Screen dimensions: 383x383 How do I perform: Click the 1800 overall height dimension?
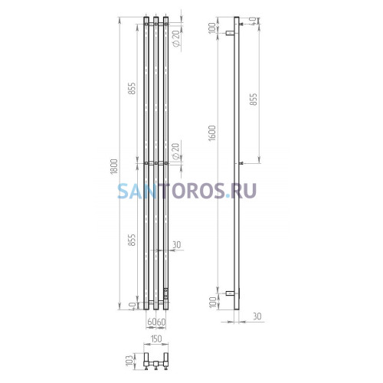114,166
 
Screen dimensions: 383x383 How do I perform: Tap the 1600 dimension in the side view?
212,133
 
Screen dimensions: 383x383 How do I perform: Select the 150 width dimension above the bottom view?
156,339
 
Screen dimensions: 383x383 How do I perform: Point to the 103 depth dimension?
130,360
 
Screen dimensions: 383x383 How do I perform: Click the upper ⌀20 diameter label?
176,39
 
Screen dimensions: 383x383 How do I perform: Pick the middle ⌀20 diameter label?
176,152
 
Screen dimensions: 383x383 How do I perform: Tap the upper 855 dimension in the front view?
132,88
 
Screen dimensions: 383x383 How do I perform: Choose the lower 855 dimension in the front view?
132,240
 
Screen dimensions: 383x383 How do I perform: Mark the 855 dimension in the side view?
254,100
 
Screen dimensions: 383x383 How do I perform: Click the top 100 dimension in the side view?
212,28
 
